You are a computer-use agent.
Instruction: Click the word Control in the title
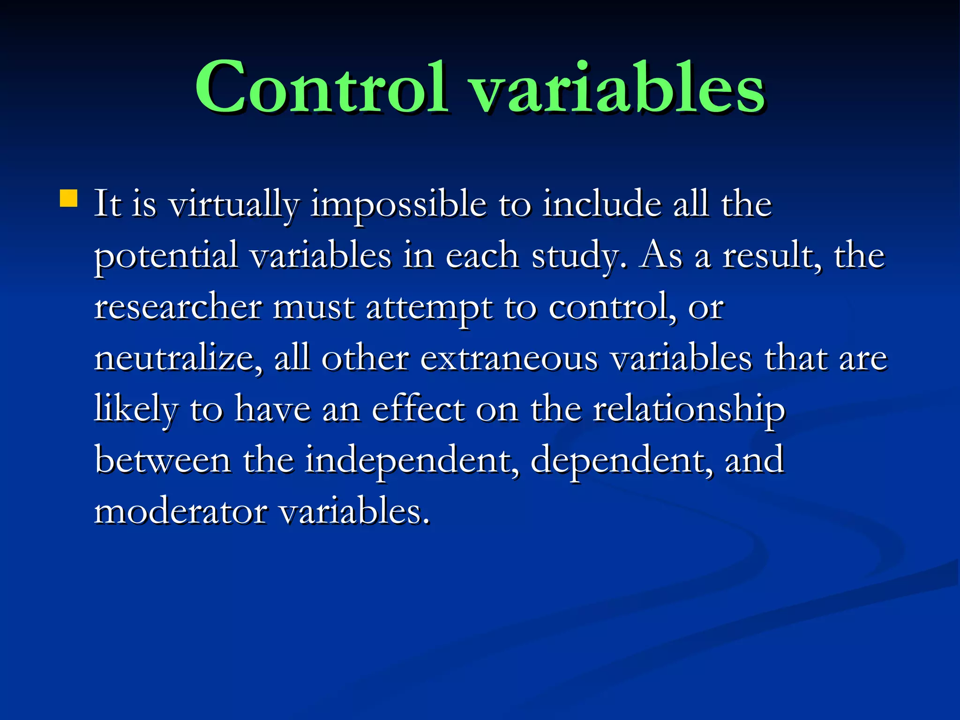[321, 88]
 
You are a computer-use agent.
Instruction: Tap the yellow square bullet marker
[68, 198]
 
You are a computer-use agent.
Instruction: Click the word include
[602, 205]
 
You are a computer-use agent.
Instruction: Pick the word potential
[166, 257]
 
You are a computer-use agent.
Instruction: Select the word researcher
[178, 307]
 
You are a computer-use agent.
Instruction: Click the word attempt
[428, 308]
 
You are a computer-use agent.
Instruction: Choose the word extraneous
[509, 359]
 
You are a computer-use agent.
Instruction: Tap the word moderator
[180, 511]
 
